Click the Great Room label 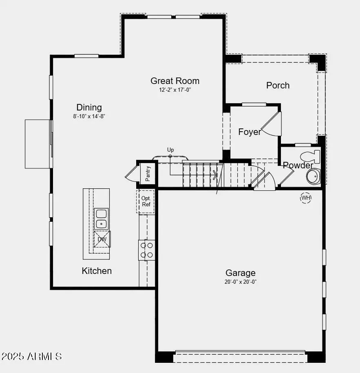pyautogui.click(x=175, y=81)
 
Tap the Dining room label pyautogui.click(x=89, y=108)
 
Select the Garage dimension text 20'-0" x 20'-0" pyautogui.click(x=241, y=282)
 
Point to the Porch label pyautogui.click(x=278, y=86)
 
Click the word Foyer pyautogui.click(x=250, y=132)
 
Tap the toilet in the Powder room pyautogui.click(x=311, y=157)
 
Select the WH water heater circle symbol pyautogui.click(x=306, y=198)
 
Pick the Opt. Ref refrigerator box pyautogui.click(x=146, y=201)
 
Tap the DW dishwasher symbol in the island pyautogui.click(x=102, y=239)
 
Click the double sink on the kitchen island pyautogui.click(x=101, y=219)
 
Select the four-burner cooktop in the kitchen pyautogui.click(x=147, y=250)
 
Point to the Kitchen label pyautogui.click(x=97, y=271)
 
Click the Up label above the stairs pyautogui.click(x=170, y=150)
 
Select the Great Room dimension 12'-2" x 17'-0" pyautogui.click(x=175, y=90)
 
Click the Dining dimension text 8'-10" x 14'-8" pyautogui.click(x=89, y=116)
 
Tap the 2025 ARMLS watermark pyautogui.click(x=32, y=356)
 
